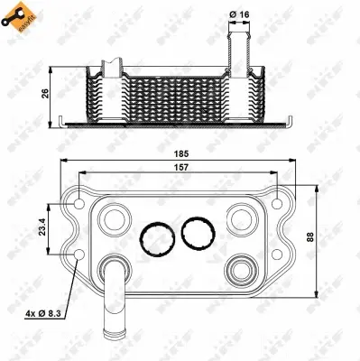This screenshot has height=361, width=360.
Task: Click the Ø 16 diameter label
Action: click(x=241, y=14)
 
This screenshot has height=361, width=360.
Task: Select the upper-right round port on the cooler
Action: click(x=241, y=217)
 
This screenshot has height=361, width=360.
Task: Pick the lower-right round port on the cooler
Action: click(x=241, y=267)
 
